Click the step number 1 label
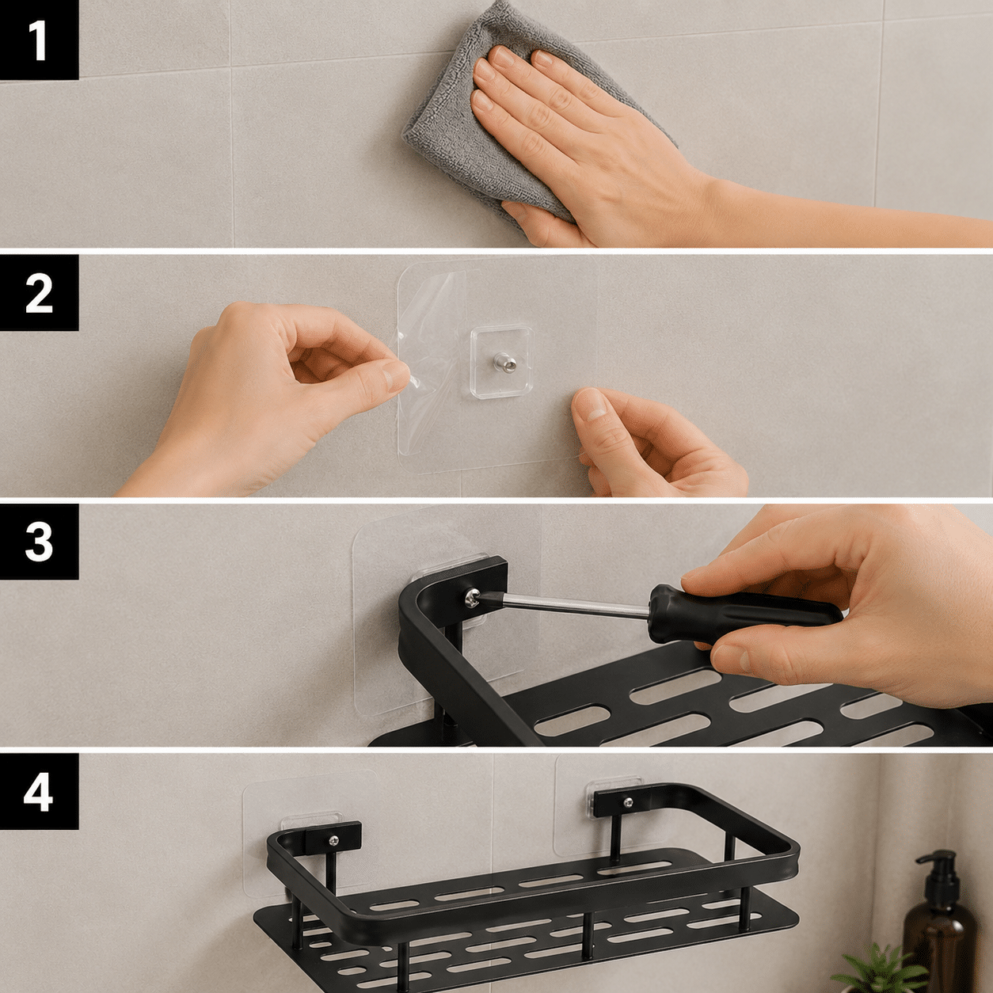coord(39,40)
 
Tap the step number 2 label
coord(39,293)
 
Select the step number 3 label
coord(39,542)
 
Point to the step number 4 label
coord(39,791)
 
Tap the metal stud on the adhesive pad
coord(504,362)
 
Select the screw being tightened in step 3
coord(471,598)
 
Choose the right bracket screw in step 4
coord(628,802)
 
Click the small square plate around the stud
coord(502,362)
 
